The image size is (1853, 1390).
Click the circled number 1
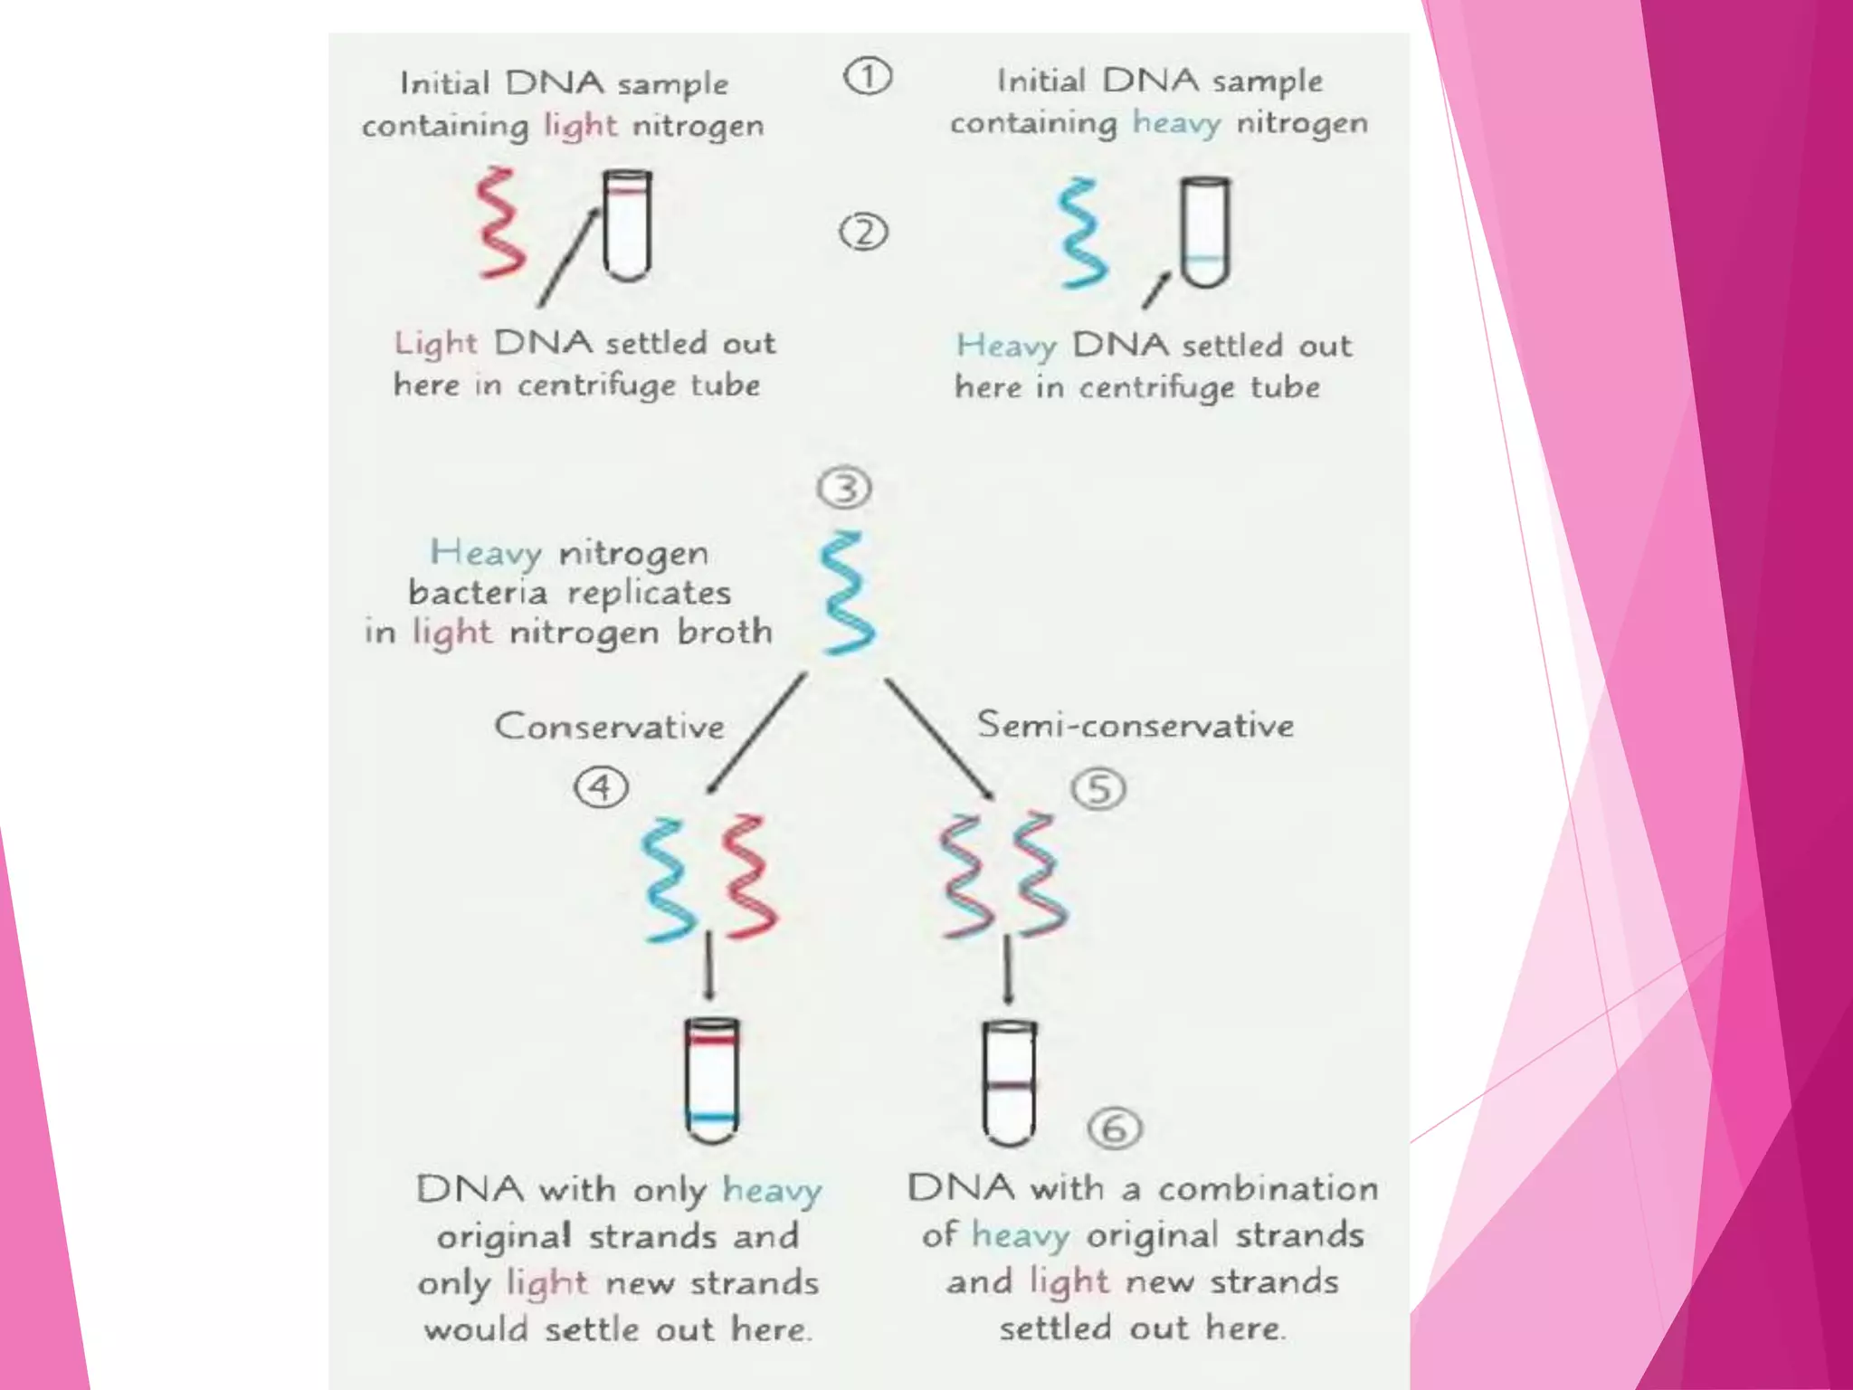(x=867, y=77)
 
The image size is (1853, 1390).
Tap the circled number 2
(x=863, y=233)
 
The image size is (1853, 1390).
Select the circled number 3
(x=844, y=489)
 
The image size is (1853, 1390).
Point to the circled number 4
(x=601, y=787)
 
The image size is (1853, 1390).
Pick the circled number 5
(x=1098, y=789)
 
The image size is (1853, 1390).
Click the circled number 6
(x=1115, y=1128)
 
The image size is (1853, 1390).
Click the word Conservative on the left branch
(x=609, y=727)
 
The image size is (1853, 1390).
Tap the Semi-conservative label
(x=1135, y=725)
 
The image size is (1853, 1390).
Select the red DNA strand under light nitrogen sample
(x=500, y=223)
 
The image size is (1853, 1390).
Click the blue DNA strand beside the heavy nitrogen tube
(x=1083, y=233)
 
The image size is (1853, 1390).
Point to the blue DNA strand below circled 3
(x=847, y=593)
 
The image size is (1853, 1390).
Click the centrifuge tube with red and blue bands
(x=712, y=1080)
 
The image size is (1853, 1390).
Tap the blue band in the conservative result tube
(x=712, y=1117)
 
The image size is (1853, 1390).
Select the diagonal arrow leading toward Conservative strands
(x=756, y=733)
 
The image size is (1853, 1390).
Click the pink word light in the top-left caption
(x=580, y=126)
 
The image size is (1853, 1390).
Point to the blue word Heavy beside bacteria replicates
(x=486, y=552)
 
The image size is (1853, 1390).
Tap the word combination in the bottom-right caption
(x=1268, y=1188)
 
